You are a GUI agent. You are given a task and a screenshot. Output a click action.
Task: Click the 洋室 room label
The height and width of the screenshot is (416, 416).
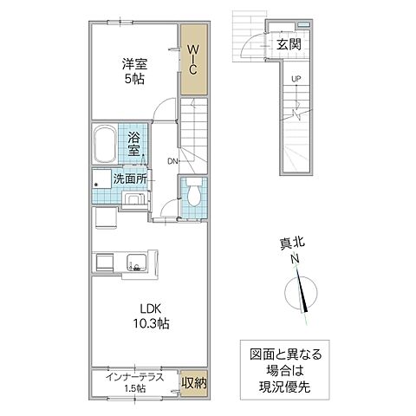click(133, 62)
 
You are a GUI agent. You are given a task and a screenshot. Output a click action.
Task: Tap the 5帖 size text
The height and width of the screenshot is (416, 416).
click(133, 77)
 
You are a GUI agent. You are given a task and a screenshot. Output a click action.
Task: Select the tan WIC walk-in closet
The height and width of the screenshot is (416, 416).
click(195, 59)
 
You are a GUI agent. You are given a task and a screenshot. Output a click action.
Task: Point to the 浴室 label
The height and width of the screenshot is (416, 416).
click(135, 144)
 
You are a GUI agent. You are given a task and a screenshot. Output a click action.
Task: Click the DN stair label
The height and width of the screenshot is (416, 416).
click(173, 159)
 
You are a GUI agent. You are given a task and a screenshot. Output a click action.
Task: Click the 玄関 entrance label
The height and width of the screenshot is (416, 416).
click(289, 45)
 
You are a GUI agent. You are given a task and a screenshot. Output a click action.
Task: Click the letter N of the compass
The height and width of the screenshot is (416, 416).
click(295, 257)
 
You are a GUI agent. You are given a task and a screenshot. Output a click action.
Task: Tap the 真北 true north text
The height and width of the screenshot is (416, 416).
click(295, 244)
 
